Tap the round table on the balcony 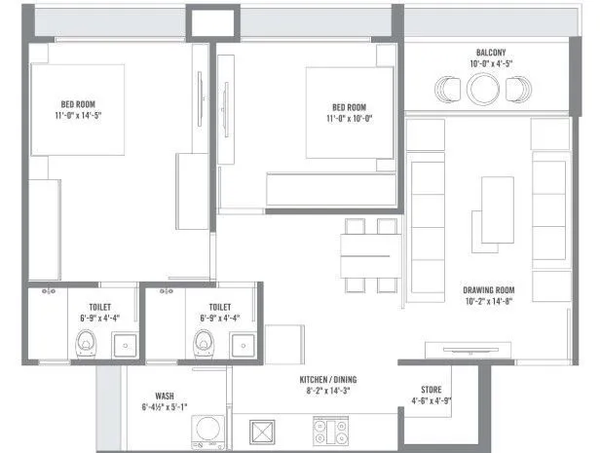tap(483, 90)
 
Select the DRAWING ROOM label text tap(489, 290)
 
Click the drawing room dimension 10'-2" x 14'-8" tap(489, 301)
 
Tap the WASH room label tap(165, 396)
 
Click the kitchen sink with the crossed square tap(264, 431)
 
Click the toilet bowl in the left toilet tap(87, 342)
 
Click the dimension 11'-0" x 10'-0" tap(348, 118)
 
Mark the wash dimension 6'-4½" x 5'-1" tap(165, 406)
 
